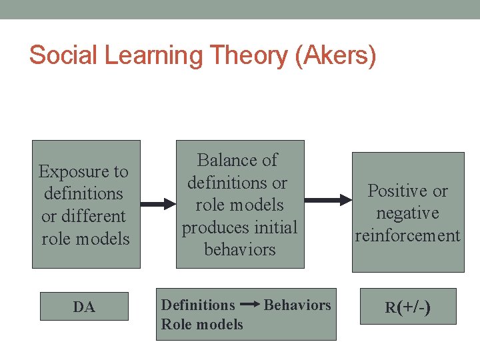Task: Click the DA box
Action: coord(84,307)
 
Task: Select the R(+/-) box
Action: coord(407,307)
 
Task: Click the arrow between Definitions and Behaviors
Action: coord(249,305)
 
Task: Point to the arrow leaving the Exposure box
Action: coord(158,204)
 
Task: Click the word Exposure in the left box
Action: coord(83,171)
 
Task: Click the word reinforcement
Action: coord(407,235)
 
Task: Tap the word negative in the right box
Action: coord(407,213)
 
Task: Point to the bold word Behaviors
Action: coord(297,305)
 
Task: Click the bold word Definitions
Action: coord(198,305)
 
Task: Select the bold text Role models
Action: coord(202,324)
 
